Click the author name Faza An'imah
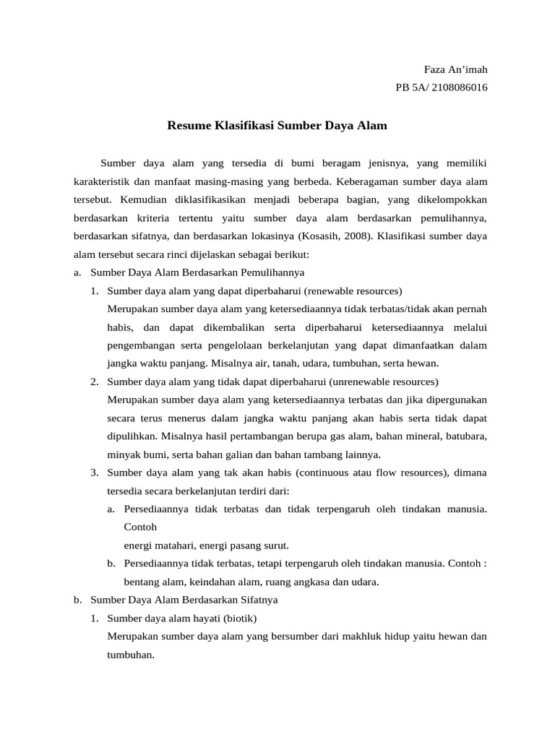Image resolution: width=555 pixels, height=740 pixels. pos(455,70)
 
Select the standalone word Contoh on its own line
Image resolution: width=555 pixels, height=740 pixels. pos(141,528)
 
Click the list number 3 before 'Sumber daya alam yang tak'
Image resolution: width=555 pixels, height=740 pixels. pos(94,473)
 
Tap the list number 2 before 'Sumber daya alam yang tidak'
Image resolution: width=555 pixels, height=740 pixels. pos(94,382)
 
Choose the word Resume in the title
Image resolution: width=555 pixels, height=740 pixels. pos(187,126)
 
